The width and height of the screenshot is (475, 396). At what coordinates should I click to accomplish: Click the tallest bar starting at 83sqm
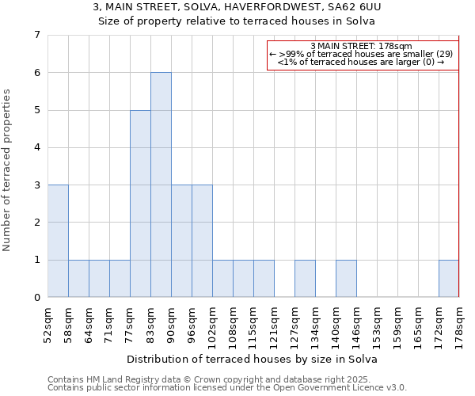click(x=161, y=185)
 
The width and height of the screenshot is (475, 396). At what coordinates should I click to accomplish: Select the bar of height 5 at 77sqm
click(x=140, y=204)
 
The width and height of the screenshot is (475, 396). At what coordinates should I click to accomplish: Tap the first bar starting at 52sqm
click(x=58, y=241)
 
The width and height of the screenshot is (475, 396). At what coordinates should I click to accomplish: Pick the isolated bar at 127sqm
click(x=305, y=278)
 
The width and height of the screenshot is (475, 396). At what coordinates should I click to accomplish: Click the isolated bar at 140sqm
click(x=346, y=278)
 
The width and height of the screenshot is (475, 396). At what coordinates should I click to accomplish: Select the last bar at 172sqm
click(x=449, y=278)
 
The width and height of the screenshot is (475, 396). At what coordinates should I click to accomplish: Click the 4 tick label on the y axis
click(x=36, y=147)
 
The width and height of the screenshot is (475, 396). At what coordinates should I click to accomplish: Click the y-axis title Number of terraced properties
click(x=8, y=170)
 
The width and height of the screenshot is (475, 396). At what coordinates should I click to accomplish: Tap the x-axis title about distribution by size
click(x=252, y=359)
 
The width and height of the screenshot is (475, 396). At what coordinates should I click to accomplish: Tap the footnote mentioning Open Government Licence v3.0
click(x=227, y=388)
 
